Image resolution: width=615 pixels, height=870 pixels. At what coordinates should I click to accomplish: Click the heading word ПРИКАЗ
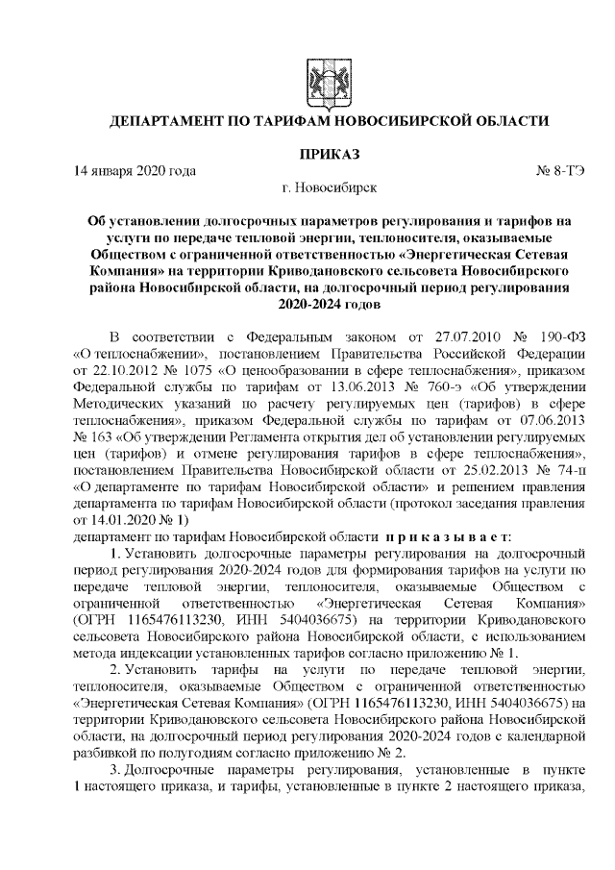(x=328, y=153)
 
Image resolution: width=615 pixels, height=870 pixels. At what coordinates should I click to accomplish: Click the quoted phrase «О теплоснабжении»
(x=121, y=353)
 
